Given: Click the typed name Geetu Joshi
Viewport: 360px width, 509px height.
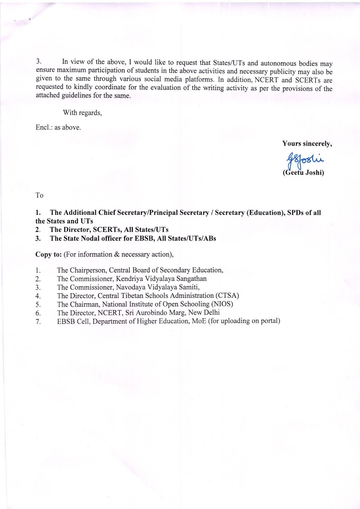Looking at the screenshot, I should coord(303,174).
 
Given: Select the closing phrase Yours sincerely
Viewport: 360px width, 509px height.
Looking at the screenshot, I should coord(307,143).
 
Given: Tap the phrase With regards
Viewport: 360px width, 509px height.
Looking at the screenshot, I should coord(82,112).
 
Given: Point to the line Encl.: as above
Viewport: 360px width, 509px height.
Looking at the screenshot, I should coord(58,127).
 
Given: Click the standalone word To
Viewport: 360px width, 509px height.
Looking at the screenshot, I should coord(39,195).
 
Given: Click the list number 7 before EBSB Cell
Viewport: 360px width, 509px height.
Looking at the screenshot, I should coord(38,322).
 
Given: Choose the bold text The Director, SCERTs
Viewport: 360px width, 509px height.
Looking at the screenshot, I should coord(84,230).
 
